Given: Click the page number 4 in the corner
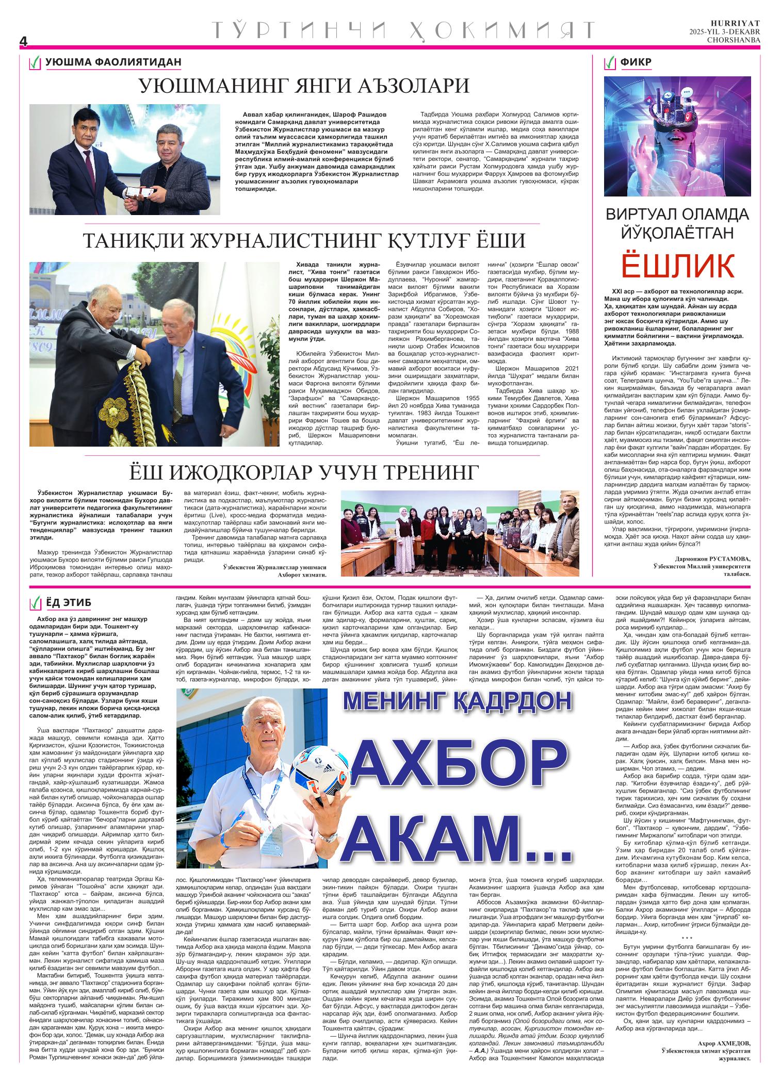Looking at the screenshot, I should click(x=23, y=41).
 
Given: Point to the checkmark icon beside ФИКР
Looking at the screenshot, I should click(x=611, y=63).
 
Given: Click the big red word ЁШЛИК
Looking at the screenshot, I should click(x=677, y=265).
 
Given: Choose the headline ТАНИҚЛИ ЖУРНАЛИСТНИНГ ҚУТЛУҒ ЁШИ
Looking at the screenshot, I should click(x=304, y=240).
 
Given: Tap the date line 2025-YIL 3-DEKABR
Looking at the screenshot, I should click(x=724, y=32).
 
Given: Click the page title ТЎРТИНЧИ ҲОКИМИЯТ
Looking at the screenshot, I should click(x=402, y=31).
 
